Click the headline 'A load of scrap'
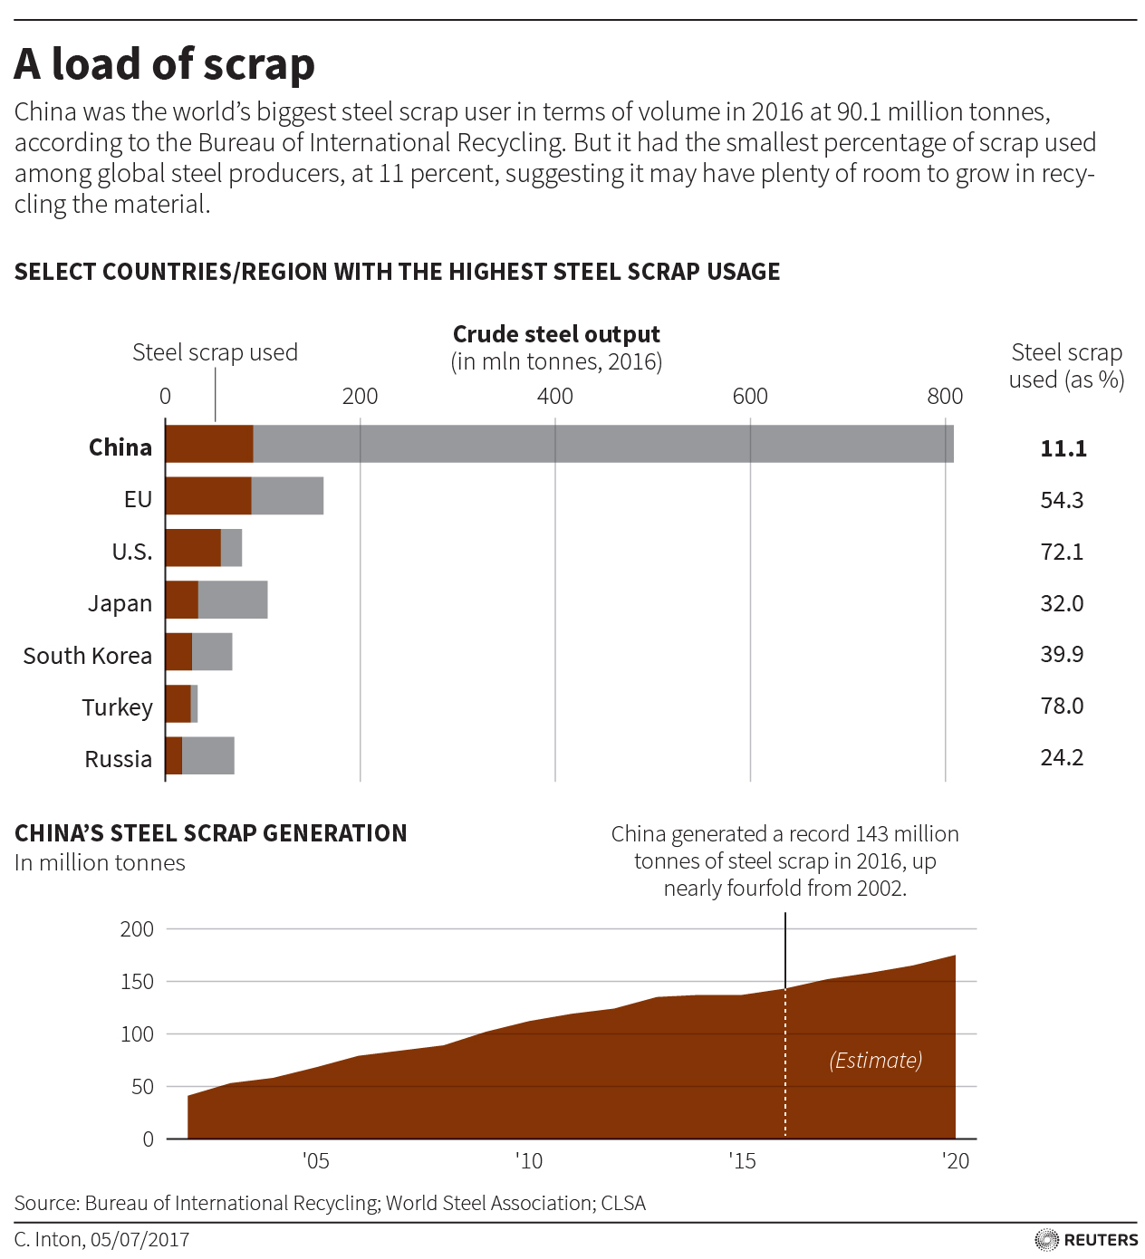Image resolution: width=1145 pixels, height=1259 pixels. [x=165, y=64]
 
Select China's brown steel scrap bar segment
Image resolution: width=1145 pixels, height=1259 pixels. [x=209, y=444]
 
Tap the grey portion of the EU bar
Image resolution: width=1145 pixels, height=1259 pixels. [x=287, y=495]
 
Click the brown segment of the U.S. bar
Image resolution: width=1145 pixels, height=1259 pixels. [x=193, y=548]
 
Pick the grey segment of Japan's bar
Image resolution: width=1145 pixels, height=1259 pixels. [x=233, y=600]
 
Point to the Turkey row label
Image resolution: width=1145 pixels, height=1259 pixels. [x=118, y=707]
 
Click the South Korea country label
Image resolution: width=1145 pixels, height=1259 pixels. [x=88, y=656]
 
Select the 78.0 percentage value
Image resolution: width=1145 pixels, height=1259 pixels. [x=1062, y=706]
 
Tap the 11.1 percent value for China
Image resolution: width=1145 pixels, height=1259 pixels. [x=1063, y=448]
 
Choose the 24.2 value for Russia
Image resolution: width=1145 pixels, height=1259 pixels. [x=1062, y=757]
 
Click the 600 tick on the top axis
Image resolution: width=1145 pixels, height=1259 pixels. [x=750, y=396]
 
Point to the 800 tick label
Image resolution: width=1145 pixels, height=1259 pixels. [x=945, y=396]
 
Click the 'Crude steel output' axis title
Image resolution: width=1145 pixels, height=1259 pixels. [x=556, y=334]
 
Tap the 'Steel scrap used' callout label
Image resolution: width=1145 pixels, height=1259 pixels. [x=215, y=352]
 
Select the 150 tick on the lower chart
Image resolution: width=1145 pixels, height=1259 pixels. [x=137, y=982]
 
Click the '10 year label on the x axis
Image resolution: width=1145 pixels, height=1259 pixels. [x=529, y=1161]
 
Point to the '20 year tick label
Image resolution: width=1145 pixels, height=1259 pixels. [x=956, y=1161]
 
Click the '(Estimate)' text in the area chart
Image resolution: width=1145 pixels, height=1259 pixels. [x=875, y=1061]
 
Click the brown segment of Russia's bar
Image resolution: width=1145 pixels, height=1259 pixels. [x=174, y=755]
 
